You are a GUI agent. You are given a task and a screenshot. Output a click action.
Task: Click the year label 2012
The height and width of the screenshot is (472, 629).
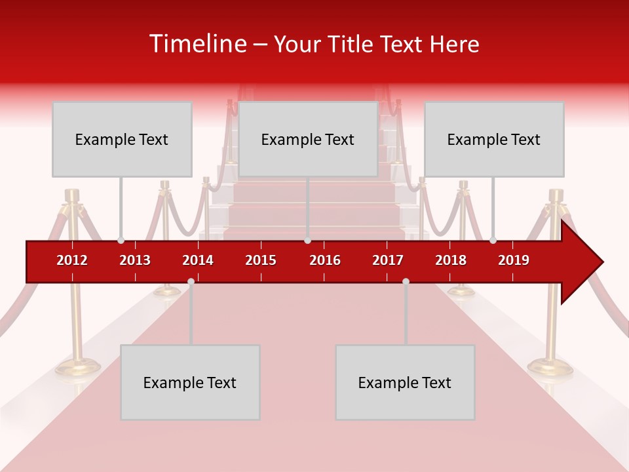pos(72,260)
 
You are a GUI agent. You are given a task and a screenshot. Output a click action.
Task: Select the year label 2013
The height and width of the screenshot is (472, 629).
pos(135,260)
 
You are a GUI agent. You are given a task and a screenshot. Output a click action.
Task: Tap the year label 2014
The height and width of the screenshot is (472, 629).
pos(198,260)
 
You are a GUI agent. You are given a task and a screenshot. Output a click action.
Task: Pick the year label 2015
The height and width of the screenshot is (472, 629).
pos(261,260)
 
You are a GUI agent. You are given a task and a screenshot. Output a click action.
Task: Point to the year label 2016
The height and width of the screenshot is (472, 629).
pos(325,260)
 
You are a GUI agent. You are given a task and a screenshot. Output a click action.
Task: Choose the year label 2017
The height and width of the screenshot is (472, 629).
pos(388,260)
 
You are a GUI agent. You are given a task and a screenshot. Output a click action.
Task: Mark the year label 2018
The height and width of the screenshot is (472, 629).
pos(451,260)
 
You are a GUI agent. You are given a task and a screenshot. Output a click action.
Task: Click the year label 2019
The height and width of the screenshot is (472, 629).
pos(514,260)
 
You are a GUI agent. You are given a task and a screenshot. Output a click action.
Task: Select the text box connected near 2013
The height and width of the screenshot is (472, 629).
pos(122,140)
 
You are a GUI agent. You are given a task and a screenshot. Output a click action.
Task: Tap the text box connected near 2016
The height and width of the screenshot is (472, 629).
pos(308,140)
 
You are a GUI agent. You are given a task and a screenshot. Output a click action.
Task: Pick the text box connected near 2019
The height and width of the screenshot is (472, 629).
pos(494,140)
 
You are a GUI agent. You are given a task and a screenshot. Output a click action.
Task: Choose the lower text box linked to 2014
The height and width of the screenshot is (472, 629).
pos(190,383)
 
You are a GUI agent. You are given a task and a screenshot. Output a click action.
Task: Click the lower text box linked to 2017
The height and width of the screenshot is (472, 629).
pos(405,383)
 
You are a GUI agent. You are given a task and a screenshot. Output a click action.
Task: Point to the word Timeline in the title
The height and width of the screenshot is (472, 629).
pos(199,44)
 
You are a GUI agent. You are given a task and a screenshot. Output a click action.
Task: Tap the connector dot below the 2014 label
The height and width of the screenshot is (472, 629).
pos(191,281)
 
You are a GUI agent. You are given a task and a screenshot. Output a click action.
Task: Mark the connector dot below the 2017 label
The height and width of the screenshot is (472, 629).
pos(406,281)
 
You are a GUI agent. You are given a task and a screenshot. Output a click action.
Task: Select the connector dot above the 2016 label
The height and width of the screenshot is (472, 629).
pos(307,241)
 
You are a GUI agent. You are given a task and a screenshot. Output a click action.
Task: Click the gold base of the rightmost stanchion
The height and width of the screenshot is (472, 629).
pos(550,367)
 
